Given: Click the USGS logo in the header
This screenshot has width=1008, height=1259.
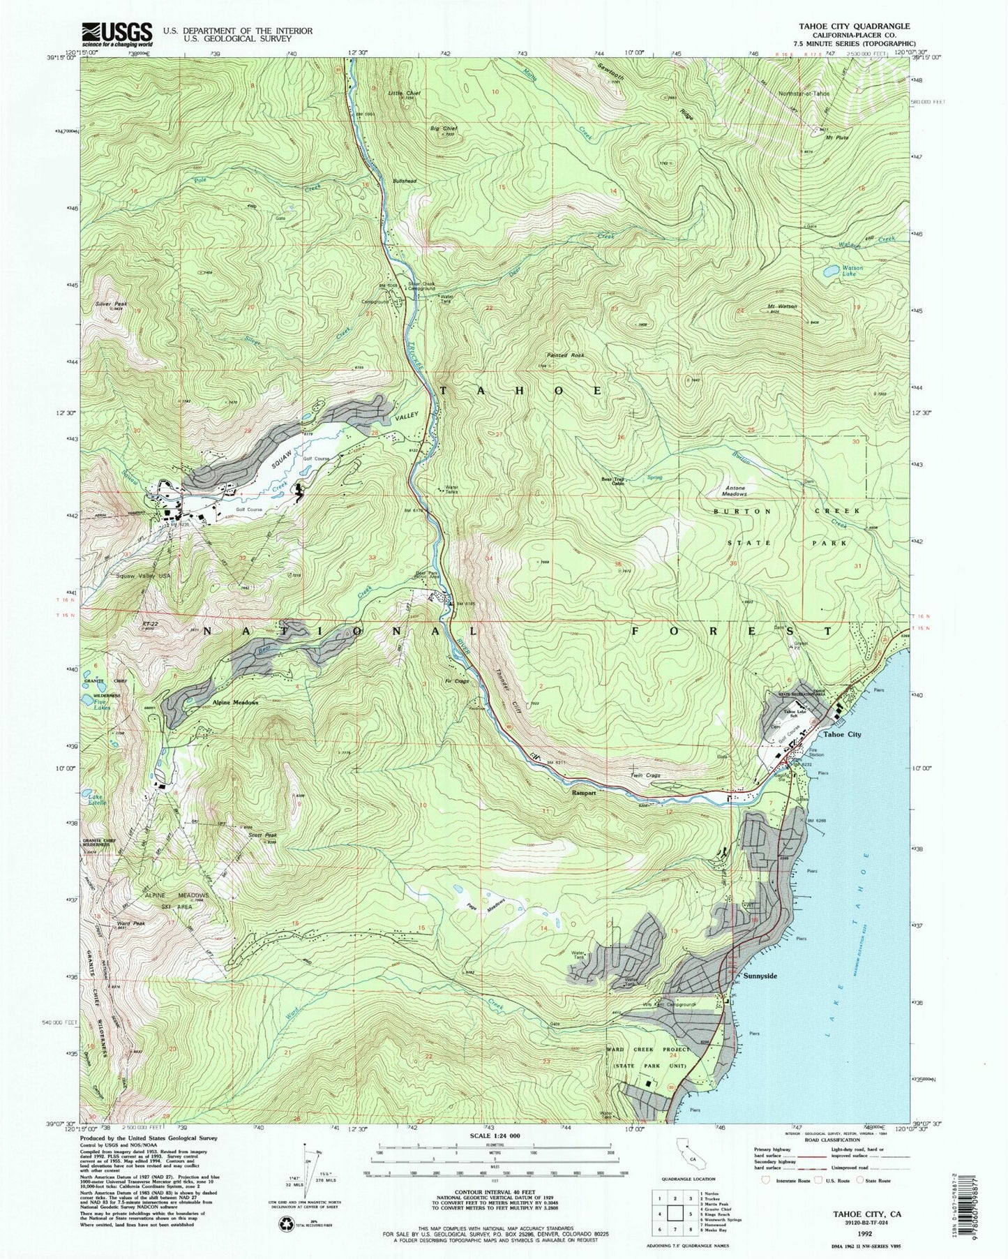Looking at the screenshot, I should [116, 33].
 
